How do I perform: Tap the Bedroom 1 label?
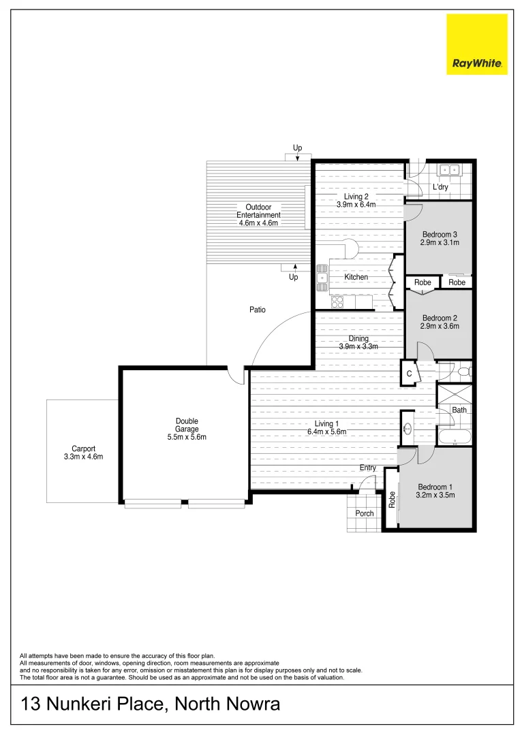pyautogui.click(x=435, y=487)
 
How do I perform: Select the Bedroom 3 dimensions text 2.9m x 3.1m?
pyautogui.click(x=440, y=242)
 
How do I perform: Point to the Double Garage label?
pyautogui.click(x=187, y=425)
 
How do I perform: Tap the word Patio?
pyautogui.click(x=257, y=310)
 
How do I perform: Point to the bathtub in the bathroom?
pyautogui.click(x=455, y=437)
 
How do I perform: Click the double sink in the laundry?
pyautogui.click(x=449, y=170)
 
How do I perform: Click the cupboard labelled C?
pyautogui.click(x=409, y=374)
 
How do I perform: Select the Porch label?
pyautogui.click(x=365, y=513)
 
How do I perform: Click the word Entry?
pyautogui.click(x=368, y=468)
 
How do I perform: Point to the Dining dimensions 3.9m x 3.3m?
pyautogui.click(x=358, y=346)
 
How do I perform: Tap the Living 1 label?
pyautogui.click(x=327, y=424)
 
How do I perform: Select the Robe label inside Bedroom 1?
pyautogui.click(x=392, y=500)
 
